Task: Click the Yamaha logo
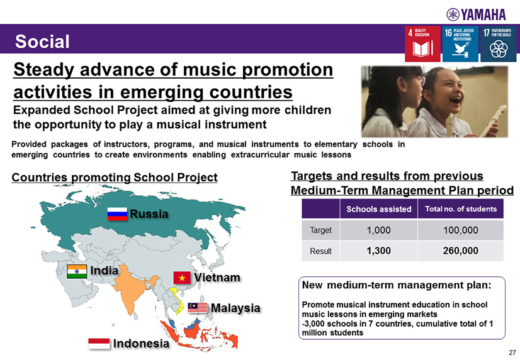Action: [476, 14]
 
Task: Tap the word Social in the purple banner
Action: [42, 42]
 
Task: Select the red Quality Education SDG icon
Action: [422, 44]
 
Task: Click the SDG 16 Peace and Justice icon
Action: [460, 44]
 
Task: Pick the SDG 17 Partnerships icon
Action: [499, 44]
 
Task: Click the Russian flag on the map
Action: [117, 214]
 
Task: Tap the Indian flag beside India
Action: [77, 271]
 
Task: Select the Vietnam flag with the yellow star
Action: [182, 278]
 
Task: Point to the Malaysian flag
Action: [198, 308]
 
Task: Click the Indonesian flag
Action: [99, 344]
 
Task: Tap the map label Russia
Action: [149, 214]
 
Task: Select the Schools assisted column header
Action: [379, 209]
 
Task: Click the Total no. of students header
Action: [461, 209]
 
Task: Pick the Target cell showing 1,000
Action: [379, 230]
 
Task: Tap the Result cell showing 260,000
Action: [461, 250]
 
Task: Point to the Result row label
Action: [320, 251]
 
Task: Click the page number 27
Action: [512, 352]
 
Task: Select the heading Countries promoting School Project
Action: [115, 177]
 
